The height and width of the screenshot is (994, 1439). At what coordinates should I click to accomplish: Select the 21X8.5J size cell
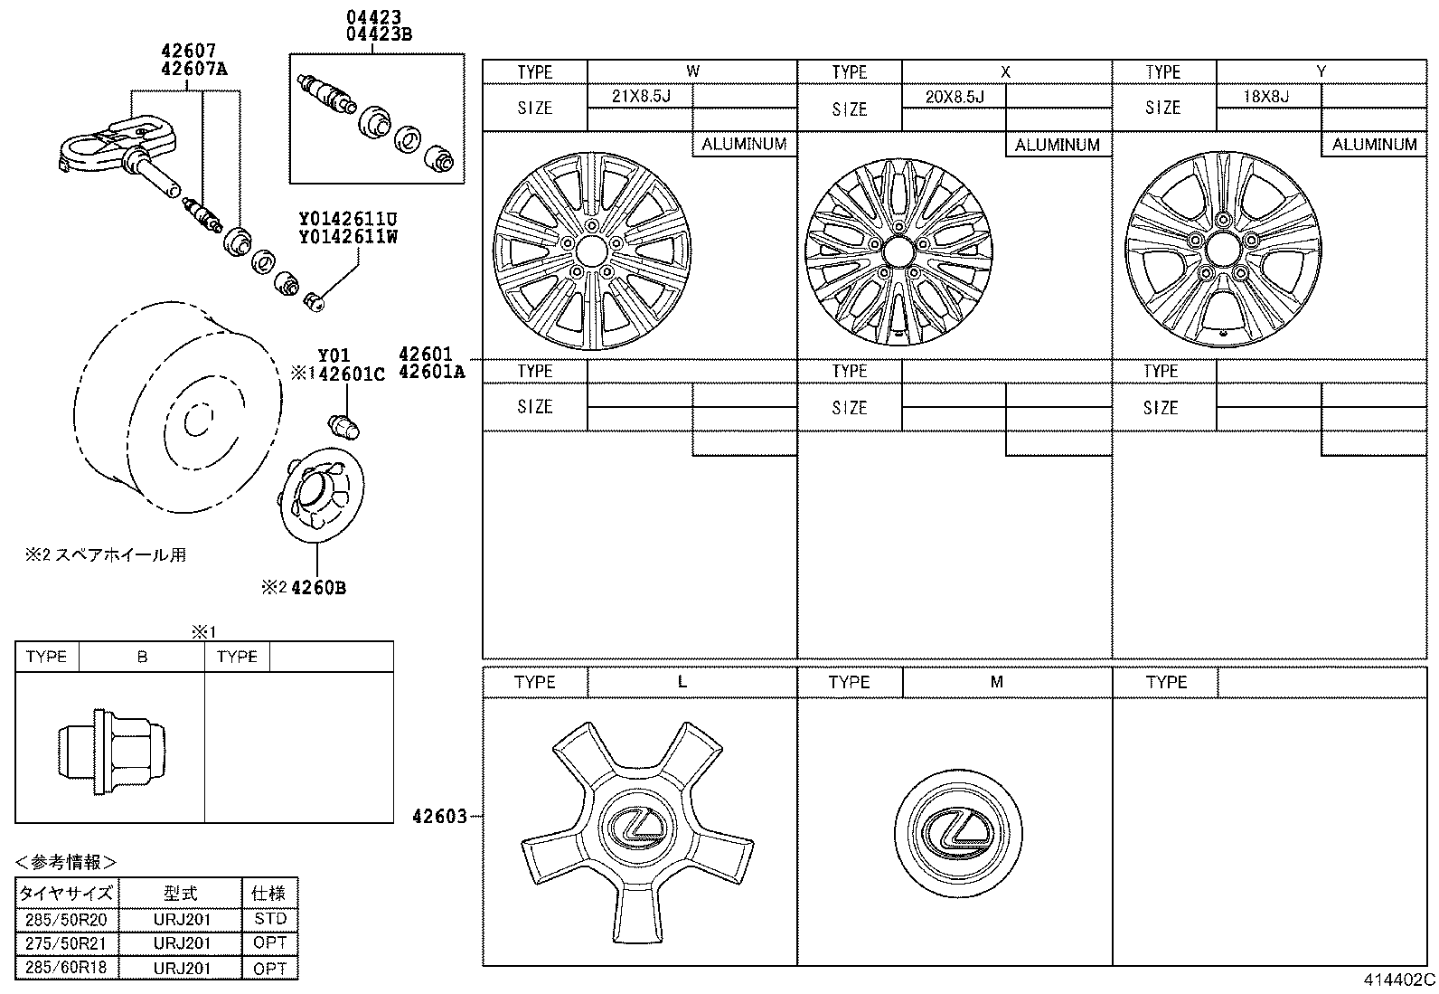click(640, 96)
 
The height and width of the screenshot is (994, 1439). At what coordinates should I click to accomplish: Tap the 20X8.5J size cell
click(954, 96)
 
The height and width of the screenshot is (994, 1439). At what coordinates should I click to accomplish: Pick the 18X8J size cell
click(1267, 96)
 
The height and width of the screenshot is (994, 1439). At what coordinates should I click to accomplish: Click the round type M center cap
click(960, 834)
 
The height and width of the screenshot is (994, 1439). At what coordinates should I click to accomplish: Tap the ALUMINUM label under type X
click(1058, 145)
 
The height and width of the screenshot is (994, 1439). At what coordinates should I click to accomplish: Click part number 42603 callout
click(439, 817)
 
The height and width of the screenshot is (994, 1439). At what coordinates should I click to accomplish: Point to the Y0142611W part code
click(348, 238)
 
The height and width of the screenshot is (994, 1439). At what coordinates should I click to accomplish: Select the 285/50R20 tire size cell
click(66, 919)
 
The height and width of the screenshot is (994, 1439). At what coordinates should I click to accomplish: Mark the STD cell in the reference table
click(269, 919)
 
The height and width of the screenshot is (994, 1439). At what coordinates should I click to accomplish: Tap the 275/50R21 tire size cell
click(66, 943)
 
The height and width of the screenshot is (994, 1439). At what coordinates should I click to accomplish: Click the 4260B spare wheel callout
click(318, 588)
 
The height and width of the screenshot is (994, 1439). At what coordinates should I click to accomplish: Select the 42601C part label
click(351, 374)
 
